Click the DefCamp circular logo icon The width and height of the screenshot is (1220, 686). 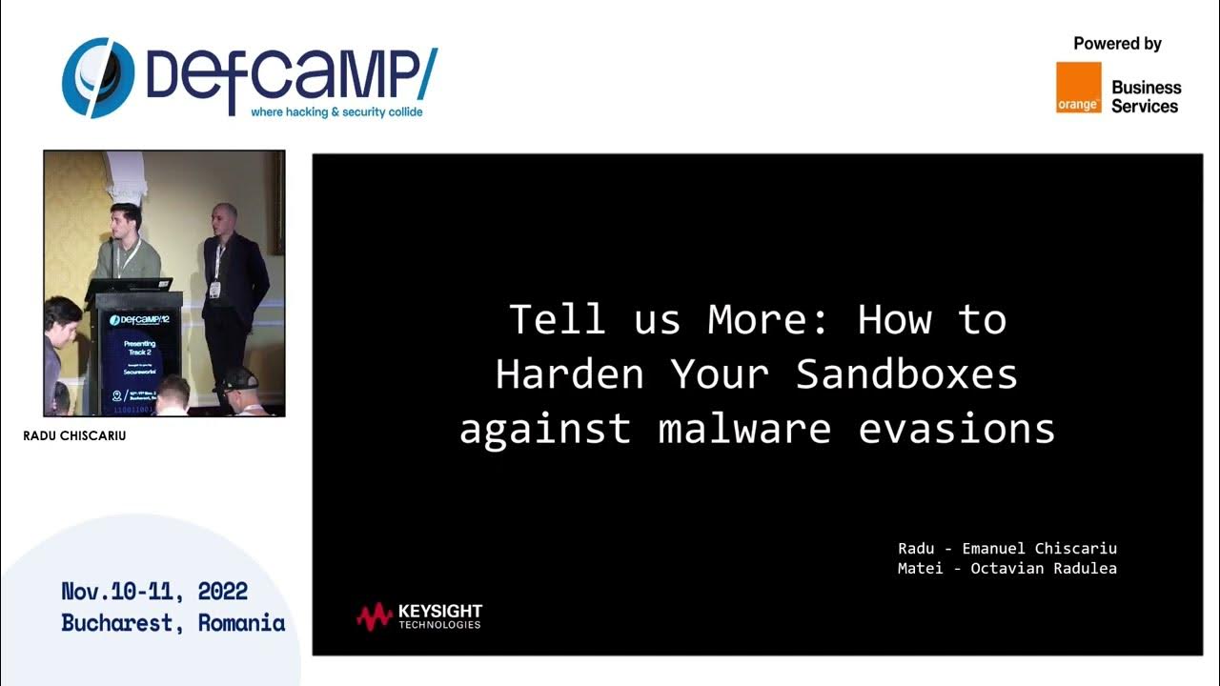click(98, 78)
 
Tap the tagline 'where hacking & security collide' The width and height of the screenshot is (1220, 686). click(336, 112)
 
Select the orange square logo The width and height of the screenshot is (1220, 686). click(1078, 88)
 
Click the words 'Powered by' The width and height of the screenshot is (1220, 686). click(1117, 44)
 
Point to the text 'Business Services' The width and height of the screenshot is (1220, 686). click(1146, 96)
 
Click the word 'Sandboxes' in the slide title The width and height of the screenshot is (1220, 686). click(906, 374)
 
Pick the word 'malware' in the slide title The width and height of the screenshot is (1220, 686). click(744, 429)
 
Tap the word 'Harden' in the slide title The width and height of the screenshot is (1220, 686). click(569, 374)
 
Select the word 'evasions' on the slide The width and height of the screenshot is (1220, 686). click(957, 429)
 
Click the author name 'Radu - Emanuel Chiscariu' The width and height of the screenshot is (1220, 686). click(1006, 548)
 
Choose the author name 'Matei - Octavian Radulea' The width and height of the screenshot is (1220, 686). click(1006, 568)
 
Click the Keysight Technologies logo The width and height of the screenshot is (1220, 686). click(419, 616)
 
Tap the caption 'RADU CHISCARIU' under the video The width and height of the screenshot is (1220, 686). click(74, 436)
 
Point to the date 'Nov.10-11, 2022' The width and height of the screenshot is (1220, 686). click(154, 591)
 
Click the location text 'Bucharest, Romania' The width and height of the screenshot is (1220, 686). click(173, 623)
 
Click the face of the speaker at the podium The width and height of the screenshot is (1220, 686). click(126, 218)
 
